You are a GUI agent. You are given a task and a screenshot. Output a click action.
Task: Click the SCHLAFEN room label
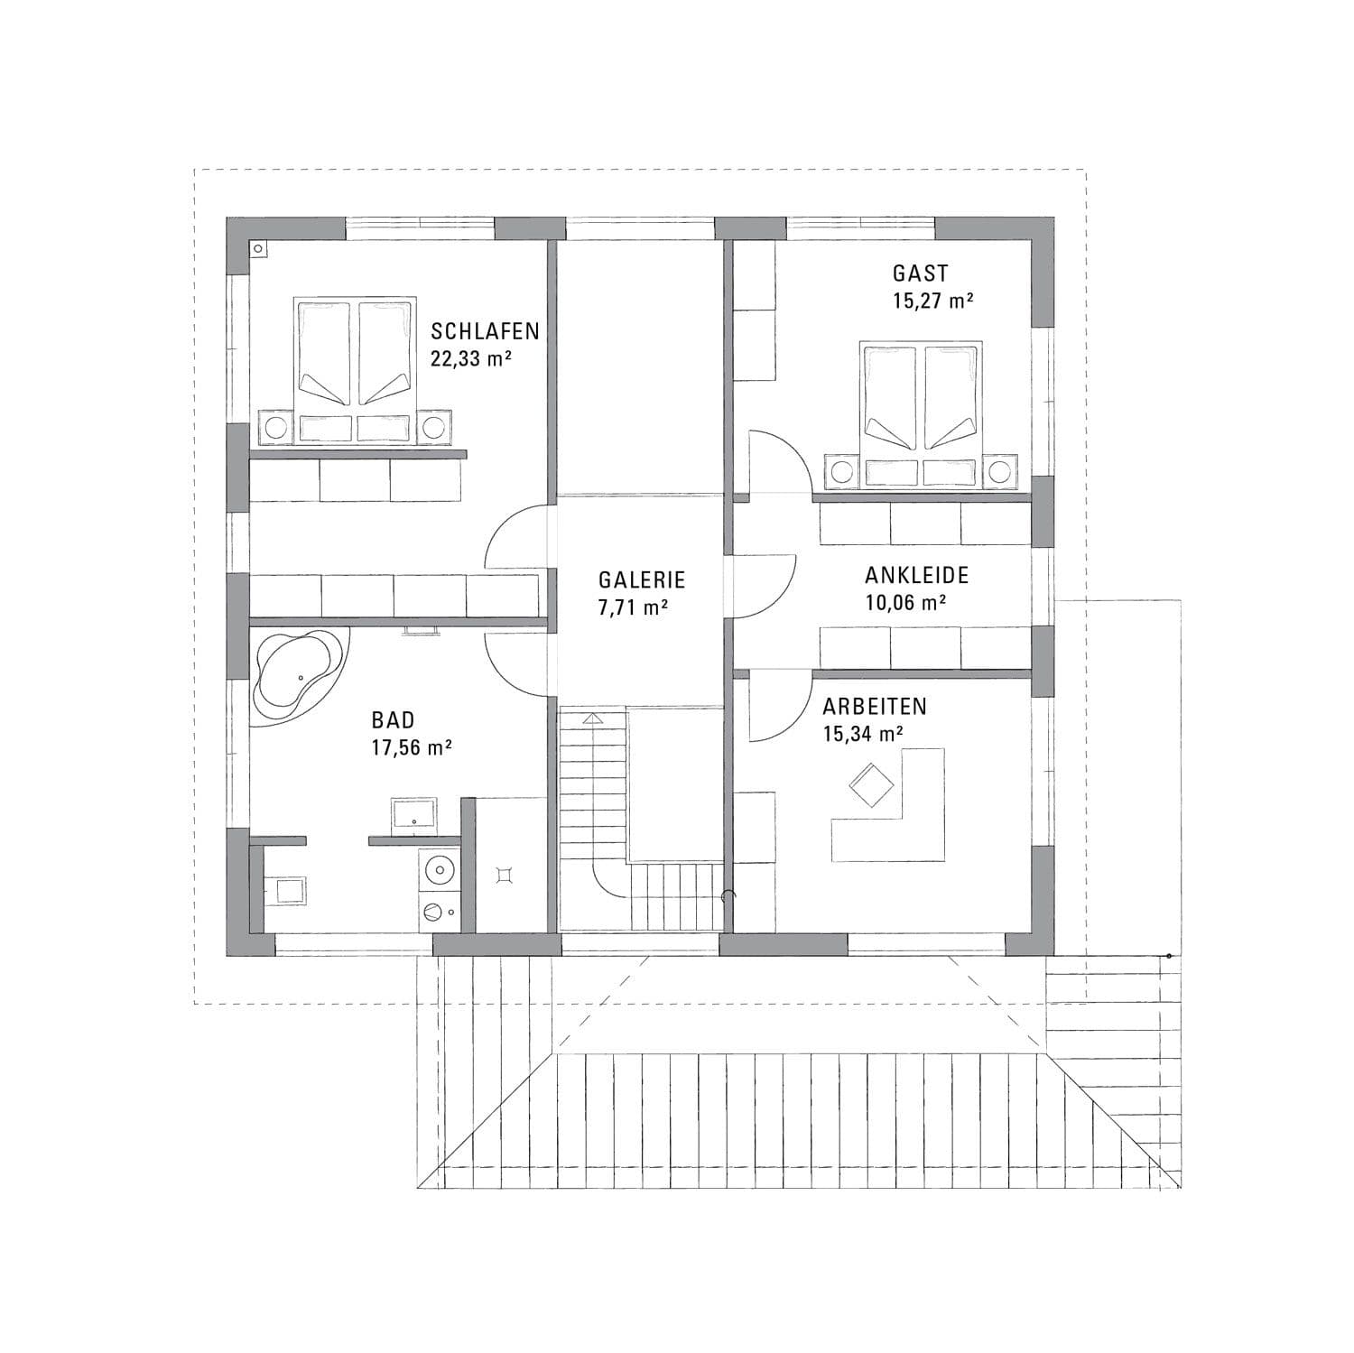point(485,331)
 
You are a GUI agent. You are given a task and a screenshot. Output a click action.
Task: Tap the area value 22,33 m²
point(471,359)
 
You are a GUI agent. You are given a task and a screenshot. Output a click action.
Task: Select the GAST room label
point(920,273)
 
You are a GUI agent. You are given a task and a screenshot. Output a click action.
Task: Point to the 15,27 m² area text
point(932,301)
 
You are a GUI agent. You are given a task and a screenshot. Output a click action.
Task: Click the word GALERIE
point(642,579)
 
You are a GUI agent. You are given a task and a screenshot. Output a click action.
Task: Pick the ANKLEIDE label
point(916,575)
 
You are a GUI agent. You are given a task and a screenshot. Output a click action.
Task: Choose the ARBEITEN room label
point(874,706)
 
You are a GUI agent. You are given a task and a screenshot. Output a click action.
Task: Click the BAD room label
point(393,719)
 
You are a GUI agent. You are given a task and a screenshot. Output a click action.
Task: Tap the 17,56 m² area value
point(412,747)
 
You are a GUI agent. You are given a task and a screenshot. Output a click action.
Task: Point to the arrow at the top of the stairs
point(591,718)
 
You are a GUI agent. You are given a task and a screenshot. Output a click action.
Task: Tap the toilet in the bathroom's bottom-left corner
point(287,891)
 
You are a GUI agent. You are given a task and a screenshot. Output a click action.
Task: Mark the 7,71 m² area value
point(632,607)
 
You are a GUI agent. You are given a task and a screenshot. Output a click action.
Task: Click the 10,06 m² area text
point(905,603)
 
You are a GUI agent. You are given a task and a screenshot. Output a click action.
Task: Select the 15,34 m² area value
point(863,734)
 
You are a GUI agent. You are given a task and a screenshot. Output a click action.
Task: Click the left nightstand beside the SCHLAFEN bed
point(275,427)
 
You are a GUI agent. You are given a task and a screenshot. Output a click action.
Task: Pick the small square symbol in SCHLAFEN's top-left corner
point(259,248)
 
